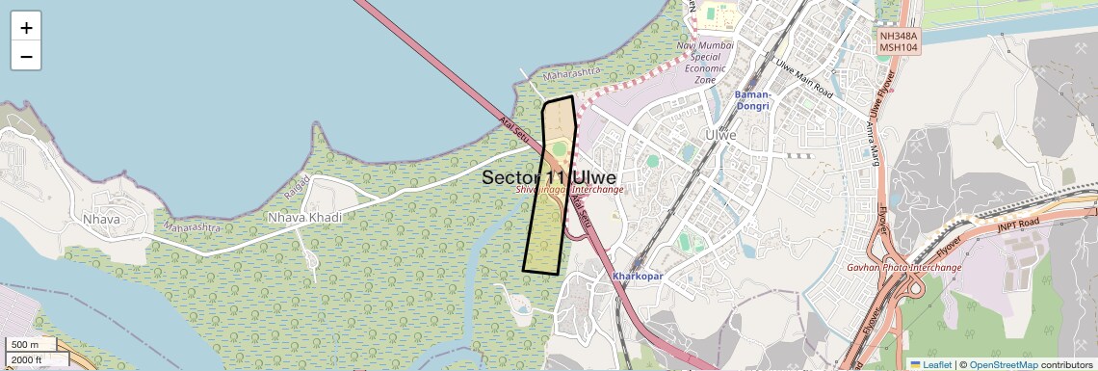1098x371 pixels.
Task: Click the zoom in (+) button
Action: tap(26, 28)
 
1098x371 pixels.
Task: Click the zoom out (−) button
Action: tap(26, 57)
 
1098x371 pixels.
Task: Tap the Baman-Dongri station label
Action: tap(751, 100)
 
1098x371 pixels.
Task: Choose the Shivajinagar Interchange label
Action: tap(571, 190)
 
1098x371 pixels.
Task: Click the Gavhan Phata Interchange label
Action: tap(904, 267)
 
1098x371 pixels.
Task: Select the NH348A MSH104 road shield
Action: tap(899, 40)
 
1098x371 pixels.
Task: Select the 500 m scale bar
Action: tap(29, 345)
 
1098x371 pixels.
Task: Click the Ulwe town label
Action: tap(720, 135)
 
